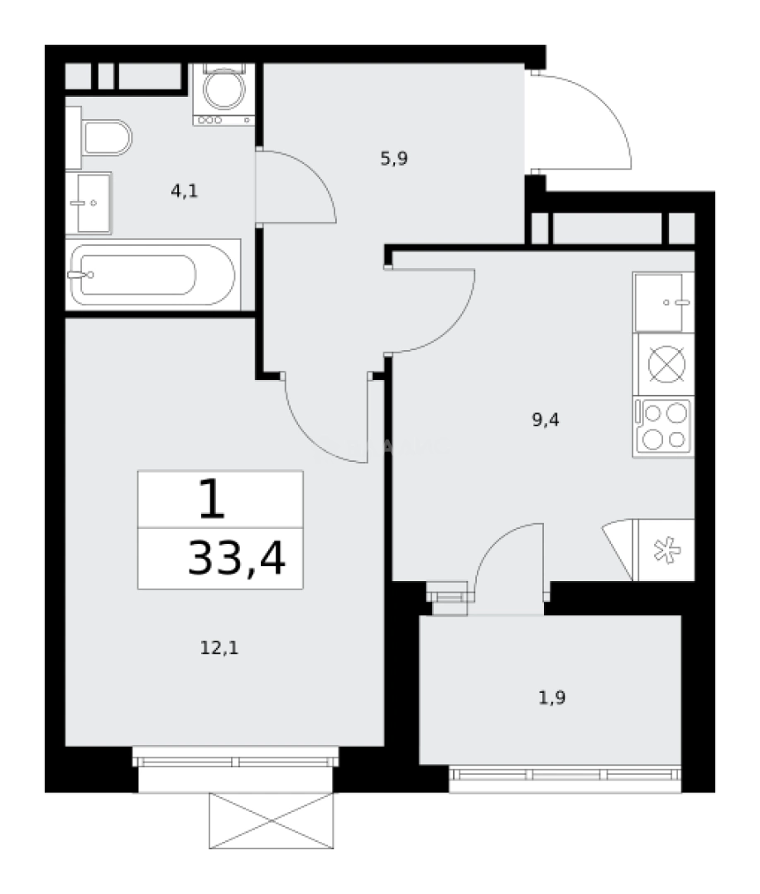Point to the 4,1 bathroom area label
point(185,191)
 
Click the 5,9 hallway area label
point(394,158)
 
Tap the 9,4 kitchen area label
point(546,421)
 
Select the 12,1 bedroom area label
point(219,648)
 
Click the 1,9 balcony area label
point(551,698)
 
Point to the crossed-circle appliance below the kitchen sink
point(664,364)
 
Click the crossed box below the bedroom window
point(272,822)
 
